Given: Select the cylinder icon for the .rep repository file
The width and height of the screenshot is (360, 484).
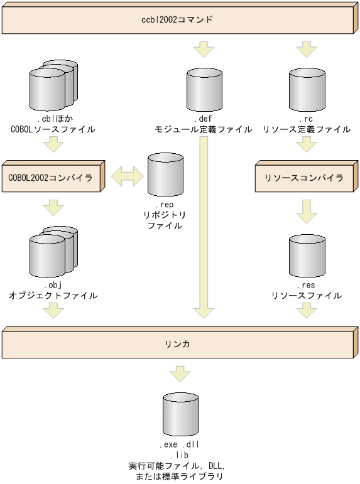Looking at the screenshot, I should (165, 175).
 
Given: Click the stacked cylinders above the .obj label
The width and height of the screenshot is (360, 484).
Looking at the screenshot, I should (53, 251).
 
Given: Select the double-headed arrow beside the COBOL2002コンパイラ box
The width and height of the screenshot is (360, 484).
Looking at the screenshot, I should (128, 177).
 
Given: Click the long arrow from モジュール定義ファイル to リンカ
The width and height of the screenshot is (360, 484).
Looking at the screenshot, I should (203, 226).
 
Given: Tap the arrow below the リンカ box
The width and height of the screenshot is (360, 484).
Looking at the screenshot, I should (180, 374).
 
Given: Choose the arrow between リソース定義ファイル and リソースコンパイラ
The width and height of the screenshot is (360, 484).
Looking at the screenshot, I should (306, 145).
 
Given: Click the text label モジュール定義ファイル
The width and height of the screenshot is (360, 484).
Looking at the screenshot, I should (203, 129).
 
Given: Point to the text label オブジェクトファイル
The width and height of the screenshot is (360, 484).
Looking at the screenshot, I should (53, 295).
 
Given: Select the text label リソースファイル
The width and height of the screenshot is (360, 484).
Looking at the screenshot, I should (306, 295).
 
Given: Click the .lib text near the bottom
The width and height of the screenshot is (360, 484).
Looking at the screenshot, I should (180, 454).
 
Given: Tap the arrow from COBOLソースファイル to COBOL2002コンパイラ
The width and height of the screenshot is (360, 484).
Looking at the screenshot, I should (53, 145).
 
